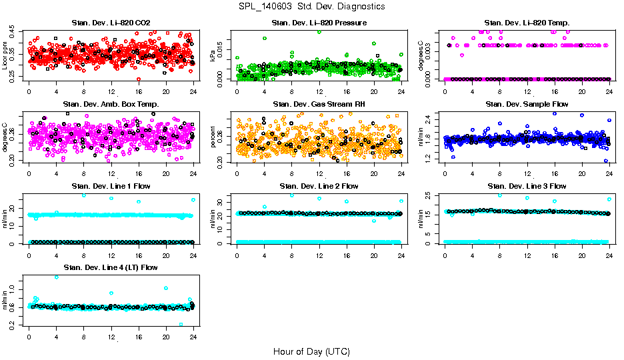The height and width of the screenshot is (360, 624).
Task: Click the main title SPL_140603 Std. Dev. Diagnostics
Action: click(x=311, y=7)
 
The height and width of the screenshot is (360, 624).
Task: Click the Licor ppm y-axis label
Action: click(x=5, y=56)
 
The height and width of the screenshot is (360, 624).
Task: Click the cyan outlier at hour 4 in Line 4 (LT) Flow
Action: click(x=56, y=277)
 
